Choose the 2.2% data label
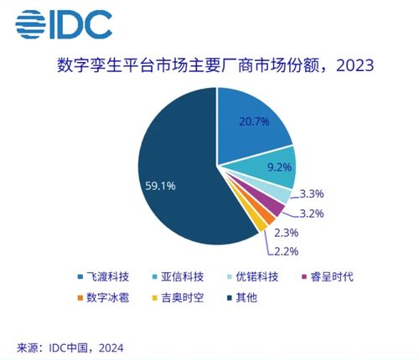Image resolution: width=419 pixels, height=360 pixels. coord(282,250)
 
